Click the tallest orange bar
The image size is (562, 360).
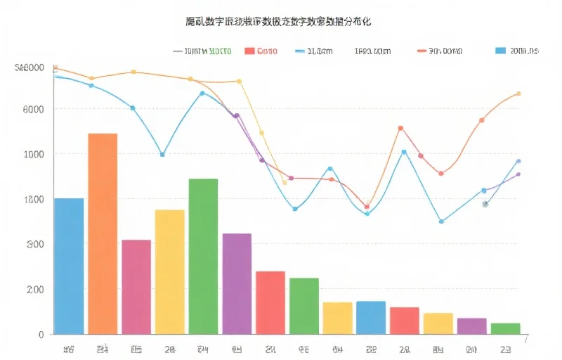point(103,233)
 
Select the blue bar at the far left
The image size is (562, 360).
point(69,266)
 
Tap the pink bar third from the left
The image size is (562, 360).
point(136,287)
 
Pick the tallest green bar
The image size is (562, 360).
point(203,256)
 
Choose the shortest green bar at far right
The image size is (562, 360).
point(505,328)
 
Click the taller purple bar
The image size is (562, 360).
point(237,283)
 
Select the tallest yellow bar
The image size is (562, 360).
point(169,271)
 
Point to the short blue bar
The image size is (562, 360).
point(371,317)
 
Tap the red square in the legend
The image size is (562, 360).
point(249,51)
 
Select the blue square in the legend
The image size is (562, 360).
point(500,51)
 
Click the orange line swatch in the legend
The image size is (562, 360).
point(422,51)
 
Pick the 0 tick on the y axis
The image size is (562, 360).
point(40,335)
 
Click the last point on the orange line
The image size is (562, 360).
point(518,94)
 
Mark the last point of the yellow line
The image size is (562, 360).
point(285,183)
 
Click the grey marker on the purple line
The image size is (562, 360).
point(485,204)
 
